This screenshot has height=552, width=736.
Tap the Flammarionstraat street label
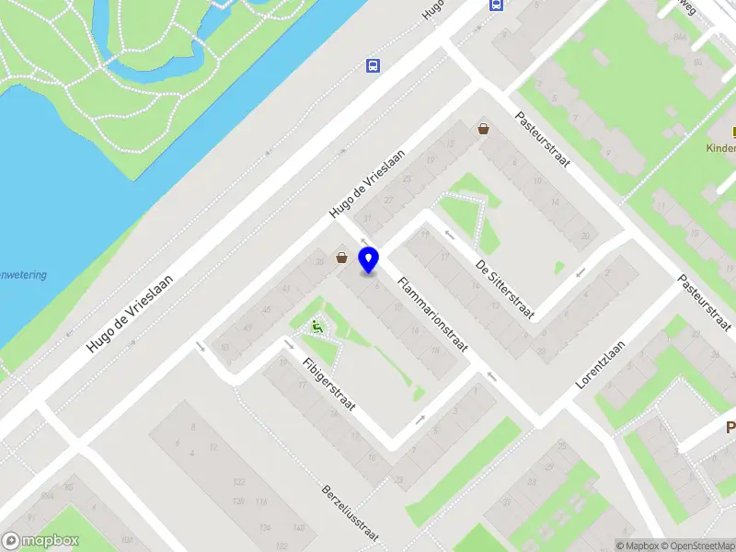(432, 315)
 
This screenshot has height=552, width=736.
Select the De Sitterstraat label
(505, 290)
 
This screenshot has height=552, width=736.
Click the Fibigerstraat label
(328, 384)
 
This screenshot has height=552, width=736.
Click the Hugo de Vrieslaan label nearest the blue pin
(368, 183)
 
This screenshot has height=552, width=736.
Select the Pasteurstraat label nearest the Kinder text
(543, 139)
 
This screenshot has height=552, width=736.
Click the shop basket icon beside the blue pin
(342, 259)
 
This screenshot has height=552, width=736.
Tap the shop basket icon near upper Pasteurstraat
(484, 130)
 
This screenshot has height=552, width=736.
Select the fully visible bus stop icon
(373, 65)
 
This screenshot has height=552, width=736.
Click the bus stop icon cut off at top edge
(497, 5)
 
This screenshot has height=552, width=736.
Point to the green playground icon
(317, 327)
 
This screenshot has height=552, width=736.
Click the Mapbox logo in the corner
(40, 541)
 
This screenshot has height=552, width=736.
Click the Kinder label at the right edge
(720, 148)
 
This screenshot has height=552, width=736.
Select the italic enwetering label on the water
(23, 275)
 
